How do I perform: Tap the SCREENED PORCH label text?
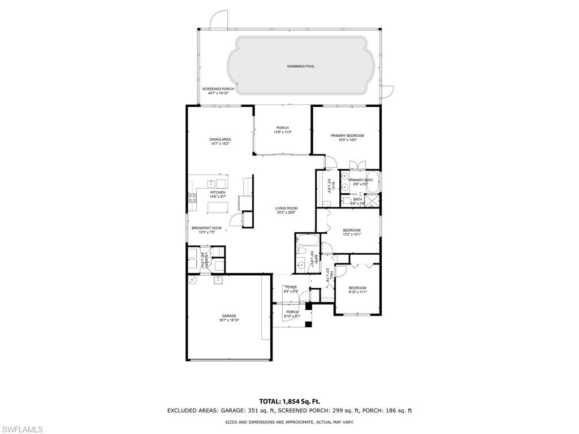click(218, 89)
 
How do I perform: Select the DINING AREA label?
click(220, 139)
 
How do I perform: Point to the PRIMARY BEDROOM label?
click(347, 136)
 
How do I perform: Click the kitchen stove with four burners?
click(192, 198)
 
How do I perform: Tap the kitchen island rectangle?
click(217, 208)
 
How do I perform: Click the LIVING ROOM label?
click(287, 208)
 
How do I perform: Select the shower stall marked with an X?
click(372, 199)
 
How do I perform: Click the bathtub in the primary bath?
click(377, 181)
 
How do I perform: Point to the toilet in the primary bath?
click(345, 199)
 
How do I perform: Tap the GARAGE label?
click(228, 316)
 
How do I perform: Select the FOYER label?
click(291, 287)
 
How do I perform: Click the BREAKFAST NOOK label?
click(206, 228)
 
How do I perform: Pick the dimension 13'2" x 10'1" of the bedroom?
click(351, 235)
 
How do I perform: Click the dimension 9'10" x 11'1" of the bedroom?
click(357, 292)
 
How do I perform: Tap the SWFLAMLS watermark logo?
click(21, 429)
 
